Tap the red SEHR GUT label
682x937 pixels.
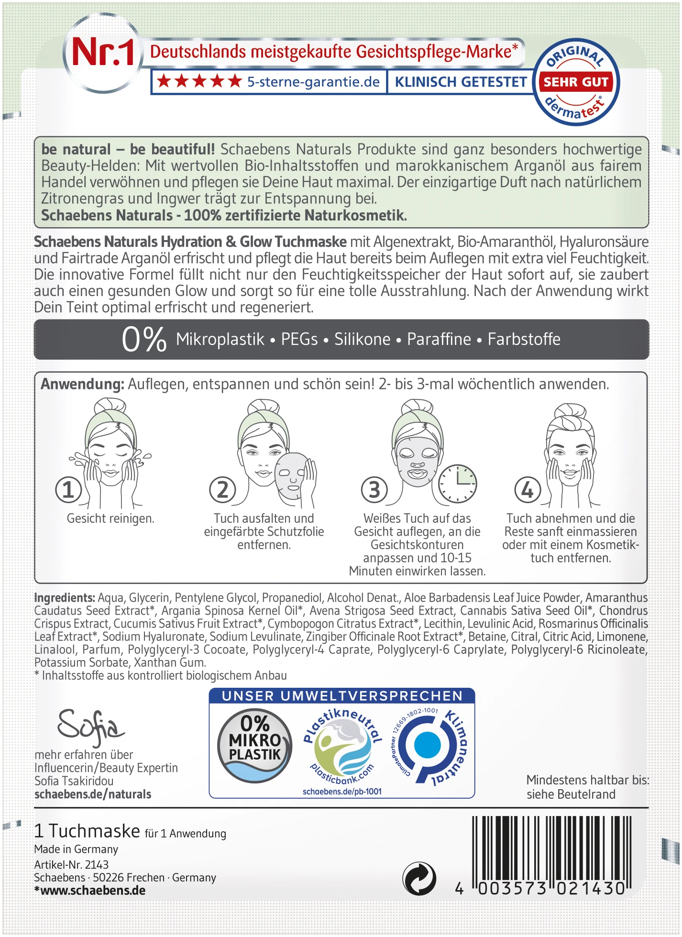(x=576, y=82)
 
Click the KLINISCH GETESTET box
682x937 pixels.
(x=461, y=82)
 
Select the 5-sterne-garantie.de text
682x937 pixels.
(x=313, y=82)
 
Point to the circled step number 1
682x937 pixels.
(x=68, y=490)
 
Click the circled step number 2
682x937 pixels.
(x=223, y=490)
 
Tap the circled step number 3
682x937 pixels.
(x=374, y=490)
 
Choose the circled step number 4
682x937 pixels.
(x=528, y=490)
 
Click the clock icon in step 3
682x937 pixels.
(x=458, y=484)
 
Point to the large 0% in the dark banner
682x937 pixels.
(x=144, y=340)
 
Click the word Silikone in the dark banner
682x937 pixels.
(x=362, y=340)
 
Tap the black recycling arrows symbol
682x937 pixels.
(x=419, y=879)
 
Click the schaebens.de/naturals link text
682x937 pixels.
(x=93, y=794)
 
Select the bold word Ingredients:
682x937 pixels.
(x=65, y=598)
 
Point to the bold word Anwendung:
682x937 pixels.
(x=82, y=385)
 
